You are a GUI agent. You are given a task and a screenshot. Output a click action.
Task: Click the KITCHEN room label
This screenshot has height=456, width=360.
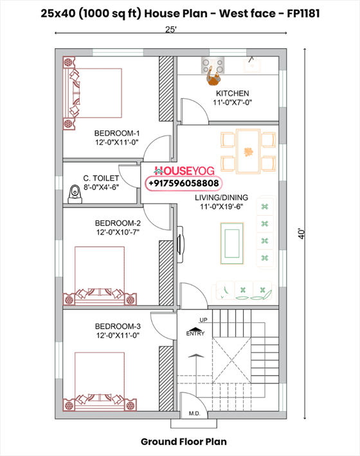pyautogui.click(x=232, y=93)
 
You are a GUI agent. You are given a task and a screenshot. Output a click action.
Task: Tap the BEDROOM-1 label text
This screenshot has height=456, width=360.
pyautogui.click(x=117, y=133)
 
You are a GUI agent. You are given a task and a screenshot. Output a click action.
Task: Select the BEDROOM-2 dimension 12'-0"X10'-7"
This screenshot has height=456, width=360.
pyautogui.click(x=118, y=232)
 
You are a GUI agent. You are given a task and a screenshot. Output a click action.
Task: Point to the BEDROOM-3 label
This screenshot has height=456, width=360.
pyautogui.click(x=118, y=326)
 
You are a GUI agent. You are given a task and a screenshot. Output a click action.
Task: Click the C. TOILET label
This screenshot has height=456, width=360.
pyautogui.click(x=101, y=178)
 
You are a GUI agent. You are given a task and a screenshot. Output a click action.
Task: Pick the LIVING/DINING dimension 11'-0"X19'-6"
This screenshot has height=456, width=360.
pyautogui.click(x=222, y=206)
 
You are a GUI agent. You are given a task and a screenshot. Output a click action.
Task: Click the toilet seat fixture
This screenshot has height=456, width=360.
pyautogui.click(x=75, y=194)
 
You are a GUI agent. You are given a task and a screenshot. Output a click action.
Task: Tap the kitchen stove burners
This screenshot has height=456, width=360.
pyautogui.click(x=213, y=66)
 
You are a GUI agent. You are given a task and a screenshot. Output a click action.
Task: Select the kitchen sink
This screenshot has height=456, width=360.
pyautogui.click(x=252, y=66)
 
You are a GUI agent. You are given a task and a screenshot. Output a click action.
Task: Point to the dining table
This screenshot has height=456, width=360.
pyautogui.click(x=248, y=151)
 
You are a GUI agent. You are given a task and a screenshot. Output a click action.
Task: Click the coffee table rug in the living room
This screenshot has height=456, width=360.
pyautogui.click(x=232, y=243)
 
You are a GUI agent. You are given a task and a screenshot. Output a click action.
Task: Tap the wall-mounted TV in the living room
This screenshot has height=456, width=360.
pyautogui.click(x=181, y=245)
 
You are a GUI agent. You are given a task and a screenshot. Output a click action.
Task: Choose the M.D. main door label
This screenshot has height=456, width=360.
pyautogui.click(x=194, y=414)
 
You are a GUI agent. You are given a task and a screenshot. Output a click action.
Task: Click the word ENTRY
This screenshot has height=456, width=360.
pyautogui.click(x=195, y=333)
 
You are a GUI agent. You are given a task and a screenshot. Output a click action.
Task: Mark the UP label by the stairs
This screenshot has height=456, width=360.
pyautogui.click(x=203, y=320)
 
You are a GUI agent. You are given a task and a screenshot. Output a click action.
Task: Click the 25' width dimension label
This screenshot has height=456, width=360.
pyautogui.click(x=171, y=30)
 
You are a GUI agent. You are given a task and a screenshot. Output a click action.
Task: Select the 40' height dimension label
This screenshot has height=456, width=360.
pyautogui.click(x=301, y=234)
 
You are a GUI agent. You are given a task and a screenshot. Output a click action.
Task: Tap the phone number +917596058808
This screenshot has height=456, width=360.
pyautogui.click(x=184, y=183)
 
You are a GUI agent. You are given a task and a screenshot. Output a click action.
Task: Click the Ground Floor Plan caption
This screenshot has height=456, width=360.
pyautogui.click(x=184, y=441)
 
